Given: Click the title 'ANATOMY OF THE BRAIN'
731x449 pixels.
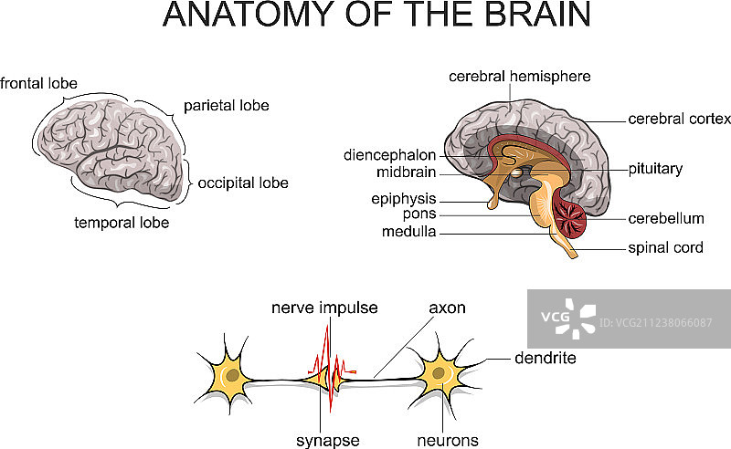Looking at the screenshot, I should pos(376,16).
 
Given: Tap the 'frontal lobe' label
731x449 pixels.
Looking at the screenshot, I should pos(38,84).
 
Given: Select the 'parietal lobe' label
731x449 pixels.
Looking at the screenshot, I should pos(226,106).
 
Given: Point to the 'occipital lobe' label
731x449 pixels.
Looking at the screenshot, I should pos(243,183).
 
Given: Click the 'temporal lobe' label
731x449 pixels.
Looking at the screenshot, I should pos(122,222).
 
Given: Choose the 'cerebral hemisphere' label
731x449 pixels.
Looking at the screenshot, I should pos(519,77).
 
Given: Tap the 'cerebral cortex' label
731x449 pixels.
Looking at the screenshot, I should pos(679,119).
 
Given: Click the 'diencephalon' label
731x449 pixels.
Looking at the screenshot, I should pos(389,155).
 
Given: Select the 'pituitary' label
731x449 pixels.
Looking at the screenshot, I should pos(655,169).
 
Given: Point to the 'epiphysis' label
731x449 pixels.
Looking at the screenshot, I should pos(404,199).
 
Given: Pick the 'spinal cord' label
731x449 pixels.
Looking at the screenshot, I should pos(665,247).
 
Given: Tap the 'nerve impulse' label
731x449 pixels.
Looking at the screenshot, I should pos(324,308).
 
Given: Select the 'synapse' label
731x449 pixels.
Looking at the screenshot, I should pos(327,441).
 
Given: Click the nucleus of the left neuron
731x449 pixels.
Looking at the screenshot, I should pos(234,374).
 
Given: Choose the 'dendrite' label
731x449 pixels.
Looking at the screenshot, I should pos(545,359).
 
